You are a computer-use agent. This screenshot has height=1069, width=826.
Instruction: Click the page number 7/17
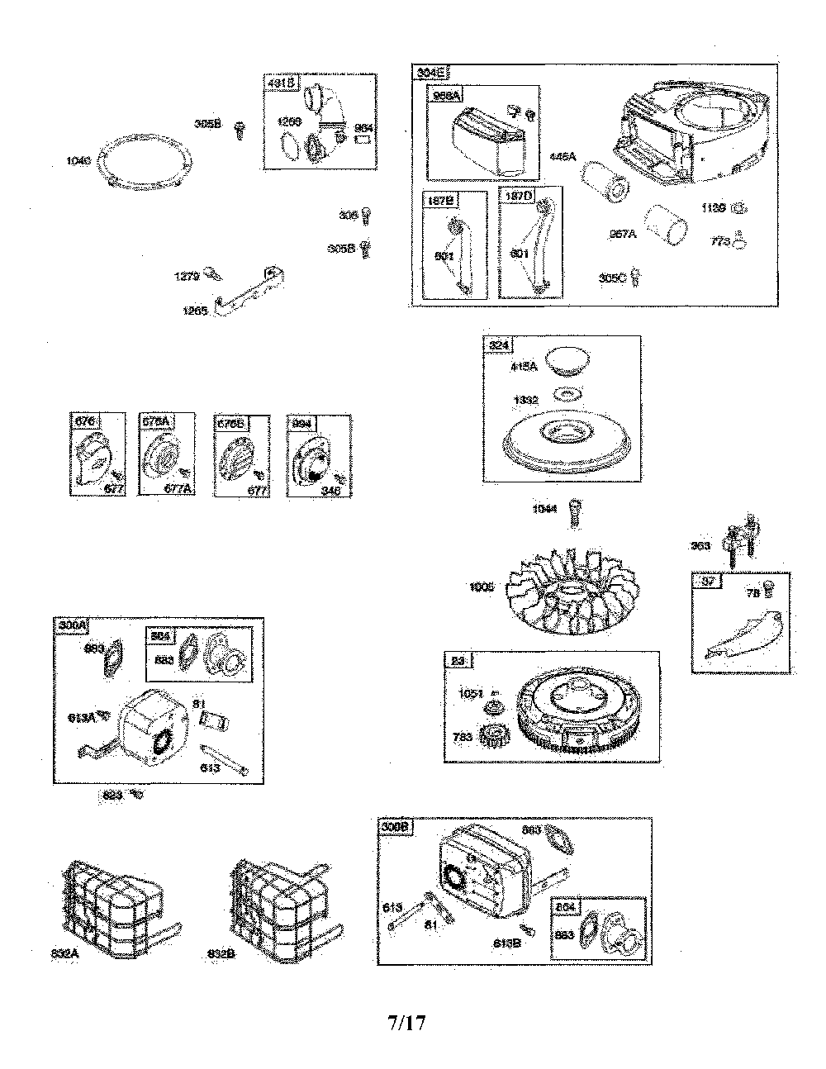(x=406, y=1023)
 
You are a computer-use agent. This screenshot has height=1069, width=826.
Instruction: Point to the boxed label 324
(x=499, y=345)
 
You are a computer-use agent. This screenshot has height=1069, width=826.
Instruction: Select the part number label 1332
(x=525, y=400)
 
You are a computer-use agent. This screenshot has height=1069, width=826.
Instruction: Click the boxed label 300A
(x=73, y=626)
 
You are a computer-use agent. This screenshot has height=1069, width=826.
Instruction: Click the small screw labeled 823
(x=137, y=794)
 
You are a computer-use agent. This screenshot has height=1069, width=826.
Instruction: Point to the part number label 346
(x=331, y=491)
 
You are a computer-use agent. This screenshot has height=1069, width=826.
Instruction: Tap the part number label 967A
(x=622, y=235)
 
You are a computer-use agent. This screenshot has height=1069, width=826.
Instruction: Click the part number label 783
(x=463, y=735)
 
